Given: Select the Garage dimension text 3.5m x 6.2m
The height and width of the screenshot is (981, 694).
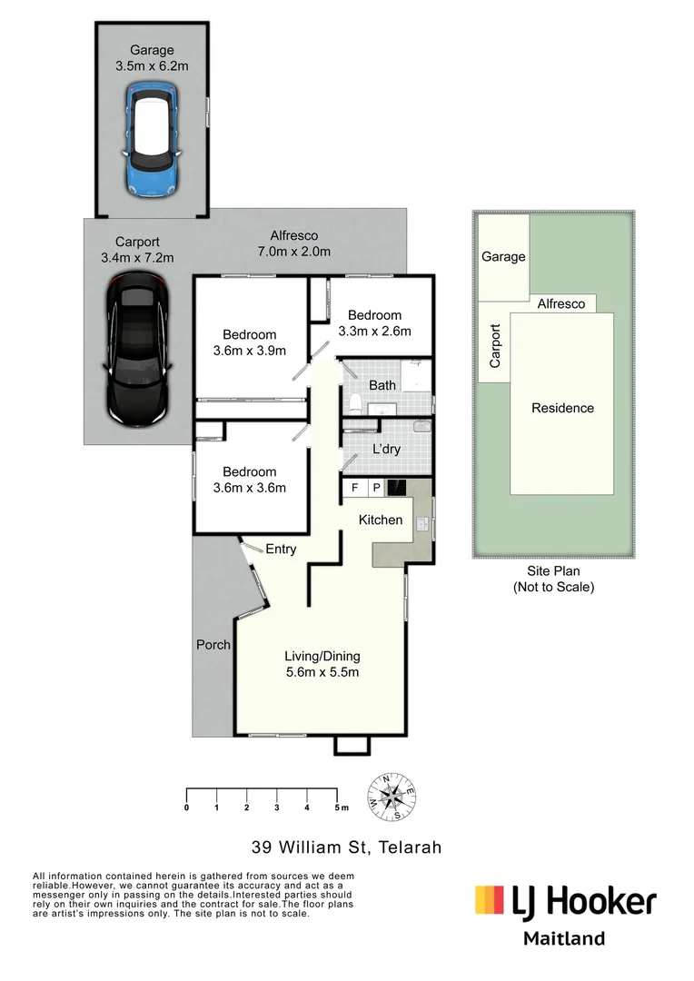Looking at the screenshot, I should click(153, 66).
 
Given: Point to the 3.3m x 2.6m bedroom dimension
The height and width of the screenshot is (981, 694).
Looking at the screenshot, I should click(374, 331).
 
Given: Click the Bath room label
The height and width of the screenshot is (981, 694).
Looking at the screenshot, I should click(382, 385).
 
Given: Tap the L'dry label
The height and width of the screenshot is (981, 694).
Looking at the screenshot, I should click(387, 449).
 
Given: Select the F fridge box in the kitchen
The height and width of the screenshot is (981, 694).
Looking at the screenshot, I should click(353, 489).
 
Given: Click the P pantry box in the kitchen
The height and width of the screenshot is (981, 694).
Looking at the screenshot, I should click(374, 489).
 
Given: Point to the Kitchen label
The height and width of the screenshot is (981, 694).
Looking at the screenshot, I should click(381, 520).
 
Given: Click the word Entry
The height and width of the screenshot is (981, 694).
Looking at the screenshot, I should click(281, 549).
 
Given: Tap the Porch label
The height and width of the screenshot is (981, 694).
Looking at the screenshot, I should click(213, 645).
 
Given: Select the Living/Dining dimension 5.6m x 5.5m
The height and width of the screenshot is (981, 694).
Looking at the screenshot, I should click(322, 672).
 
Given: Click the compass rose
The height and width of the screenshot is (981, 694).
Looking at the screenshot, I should click(392, 798).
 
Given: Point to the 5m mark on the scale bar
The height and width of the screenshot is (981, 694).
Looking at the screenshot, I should click(338, 807).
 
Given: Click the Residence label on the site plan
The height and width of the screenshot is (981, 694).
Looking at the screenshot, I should click(562, 408).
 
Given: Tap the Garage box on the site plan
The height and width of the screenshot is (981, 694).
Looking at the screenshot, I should click(503, 257).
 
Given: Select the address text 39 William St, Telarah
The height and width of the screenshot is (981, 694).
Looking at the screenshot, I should click(346, 847).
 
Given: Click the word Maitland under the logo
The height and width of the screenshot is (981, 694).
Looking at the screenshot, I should click(563, 938).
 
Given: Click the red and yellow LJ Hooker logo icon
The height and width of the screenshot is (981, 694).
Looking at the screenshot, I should click(489, 900).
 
